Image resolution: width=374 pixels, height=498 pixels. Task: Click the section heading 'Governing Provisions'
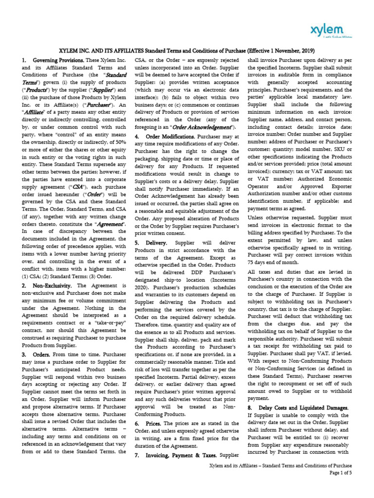point(56,60)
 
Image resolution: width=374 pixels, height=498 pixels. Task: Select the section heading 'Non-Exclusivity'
point(52,285)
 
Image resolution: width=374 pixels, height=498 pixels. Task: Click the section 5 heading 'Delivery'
point(157,242)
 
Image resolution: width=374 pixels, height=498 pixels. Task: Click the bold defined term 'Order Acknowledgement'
point(194,127)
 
